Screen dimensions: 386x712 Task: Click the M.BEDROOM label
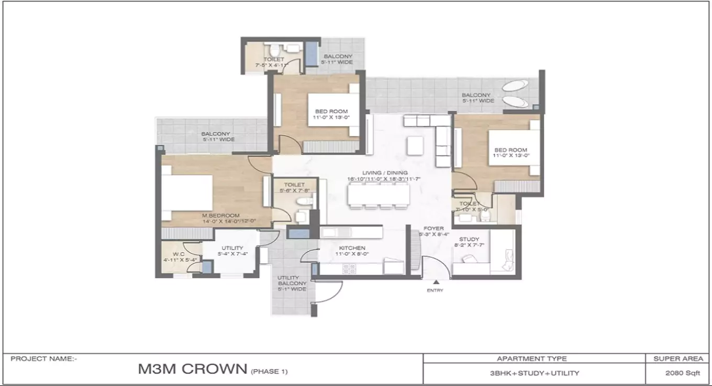pyautogui.click(x=222, y=215)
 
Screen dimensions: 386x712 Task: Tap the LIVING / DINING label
pyautogui.click(x=385, y=173)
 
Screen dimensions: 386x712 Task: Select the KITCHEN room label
pyautogui.click(x=352, y=248)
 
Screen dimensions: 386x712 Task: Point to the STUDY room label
pyautogui.click(x=469, y=240)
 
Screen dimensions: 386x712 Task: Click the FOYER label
pyautogui.click(x=433, y=229)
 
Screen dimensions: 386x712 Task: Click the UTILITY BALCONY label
pyautogui.click(x=292, y=280)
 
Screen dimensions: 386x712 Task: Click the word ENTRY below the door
pyautogui.click(x=435, y=291)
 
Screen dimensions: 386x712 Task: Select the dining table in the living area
pyautogui.click(x=380, y=197)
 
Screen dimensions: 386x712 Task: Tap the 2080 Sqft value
pyautogui.click(x=678, y=373)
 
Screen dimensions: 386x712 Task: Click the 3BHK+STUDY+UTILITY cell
pyautogui.click(x=534, y=373)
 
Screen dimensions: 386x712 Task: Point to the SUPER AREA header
pyautogui.click(x=678, y=359)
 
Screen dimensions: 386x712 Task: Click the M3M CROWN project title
pyautogui.click(x=192, y=369)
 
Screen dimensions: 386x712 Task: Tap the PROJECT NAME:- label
pyautogui.click(x=44, y=359)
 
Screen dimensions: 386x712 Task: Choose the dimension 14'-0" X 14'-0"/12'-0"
pyautogui.click(x=229, y=221)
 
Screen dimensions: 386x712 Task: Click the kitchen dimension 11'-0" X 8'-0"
pyautogui.click(x=352, y=254)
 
